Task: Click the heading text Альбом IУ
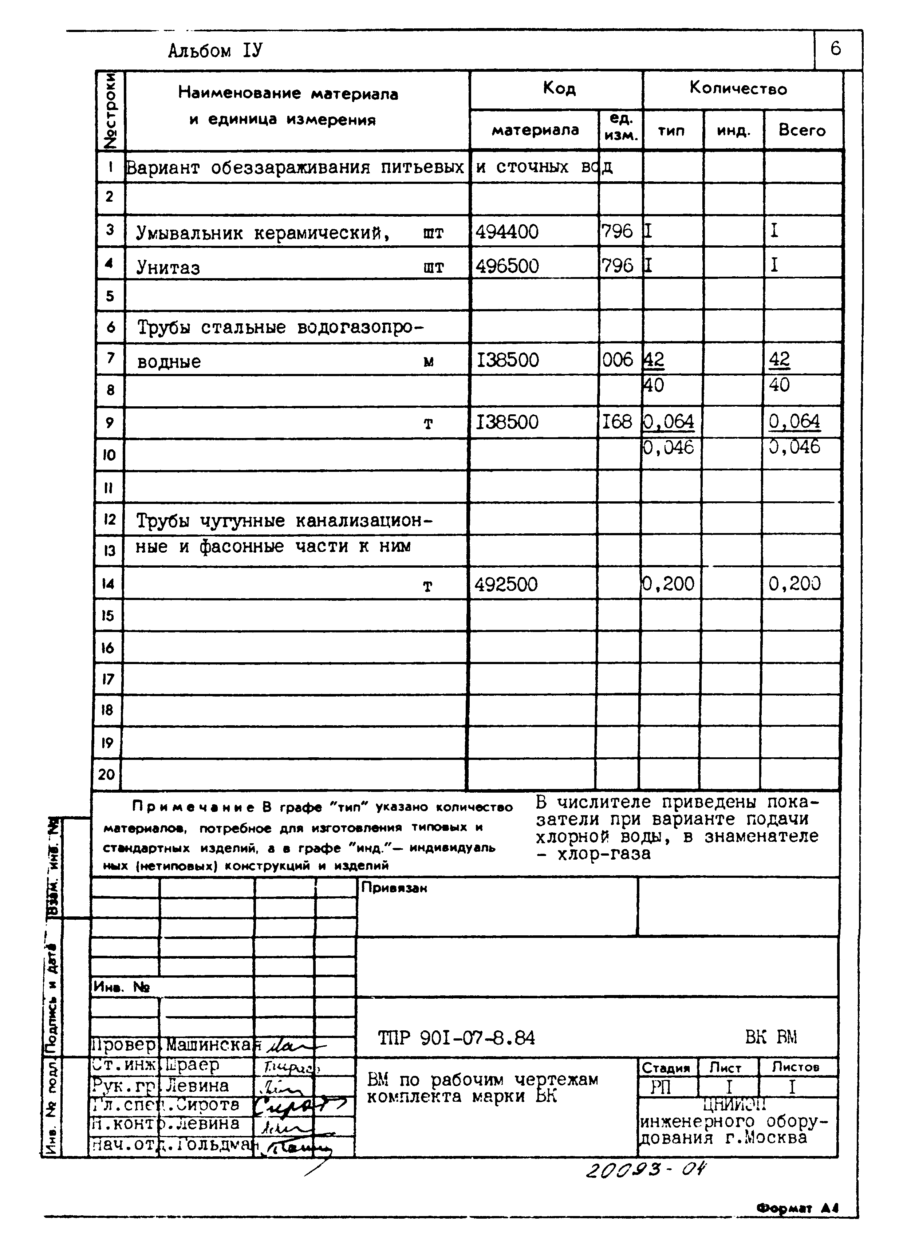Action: click(x=216, y=51)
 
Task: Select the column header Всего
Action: click(x=802, y=130)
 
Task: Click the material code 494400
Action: click(x=507, y=232)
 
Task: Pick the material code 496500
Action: click(x=507, y=266)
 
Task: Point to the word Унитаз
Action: click(x=168, y=268)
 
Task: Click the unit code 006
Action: click(x=618, y=360)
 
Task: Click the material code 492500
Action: click(x=506, y=584)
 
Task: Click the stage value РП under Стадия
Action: click(x=661, y=1088)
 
